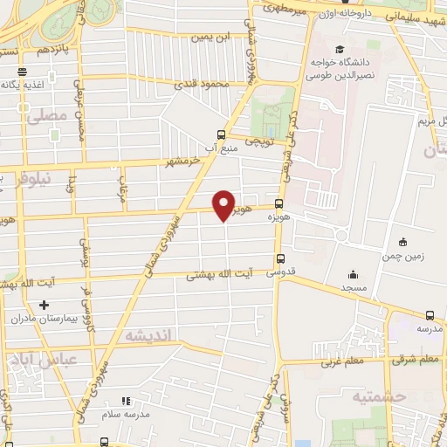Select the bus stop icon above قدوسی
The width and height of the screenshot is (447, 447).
(280, 258)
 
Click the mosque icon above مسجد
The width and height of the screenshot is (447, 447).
(352, 274)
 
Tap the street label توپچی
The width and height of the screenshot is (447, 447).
(259, 140)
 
